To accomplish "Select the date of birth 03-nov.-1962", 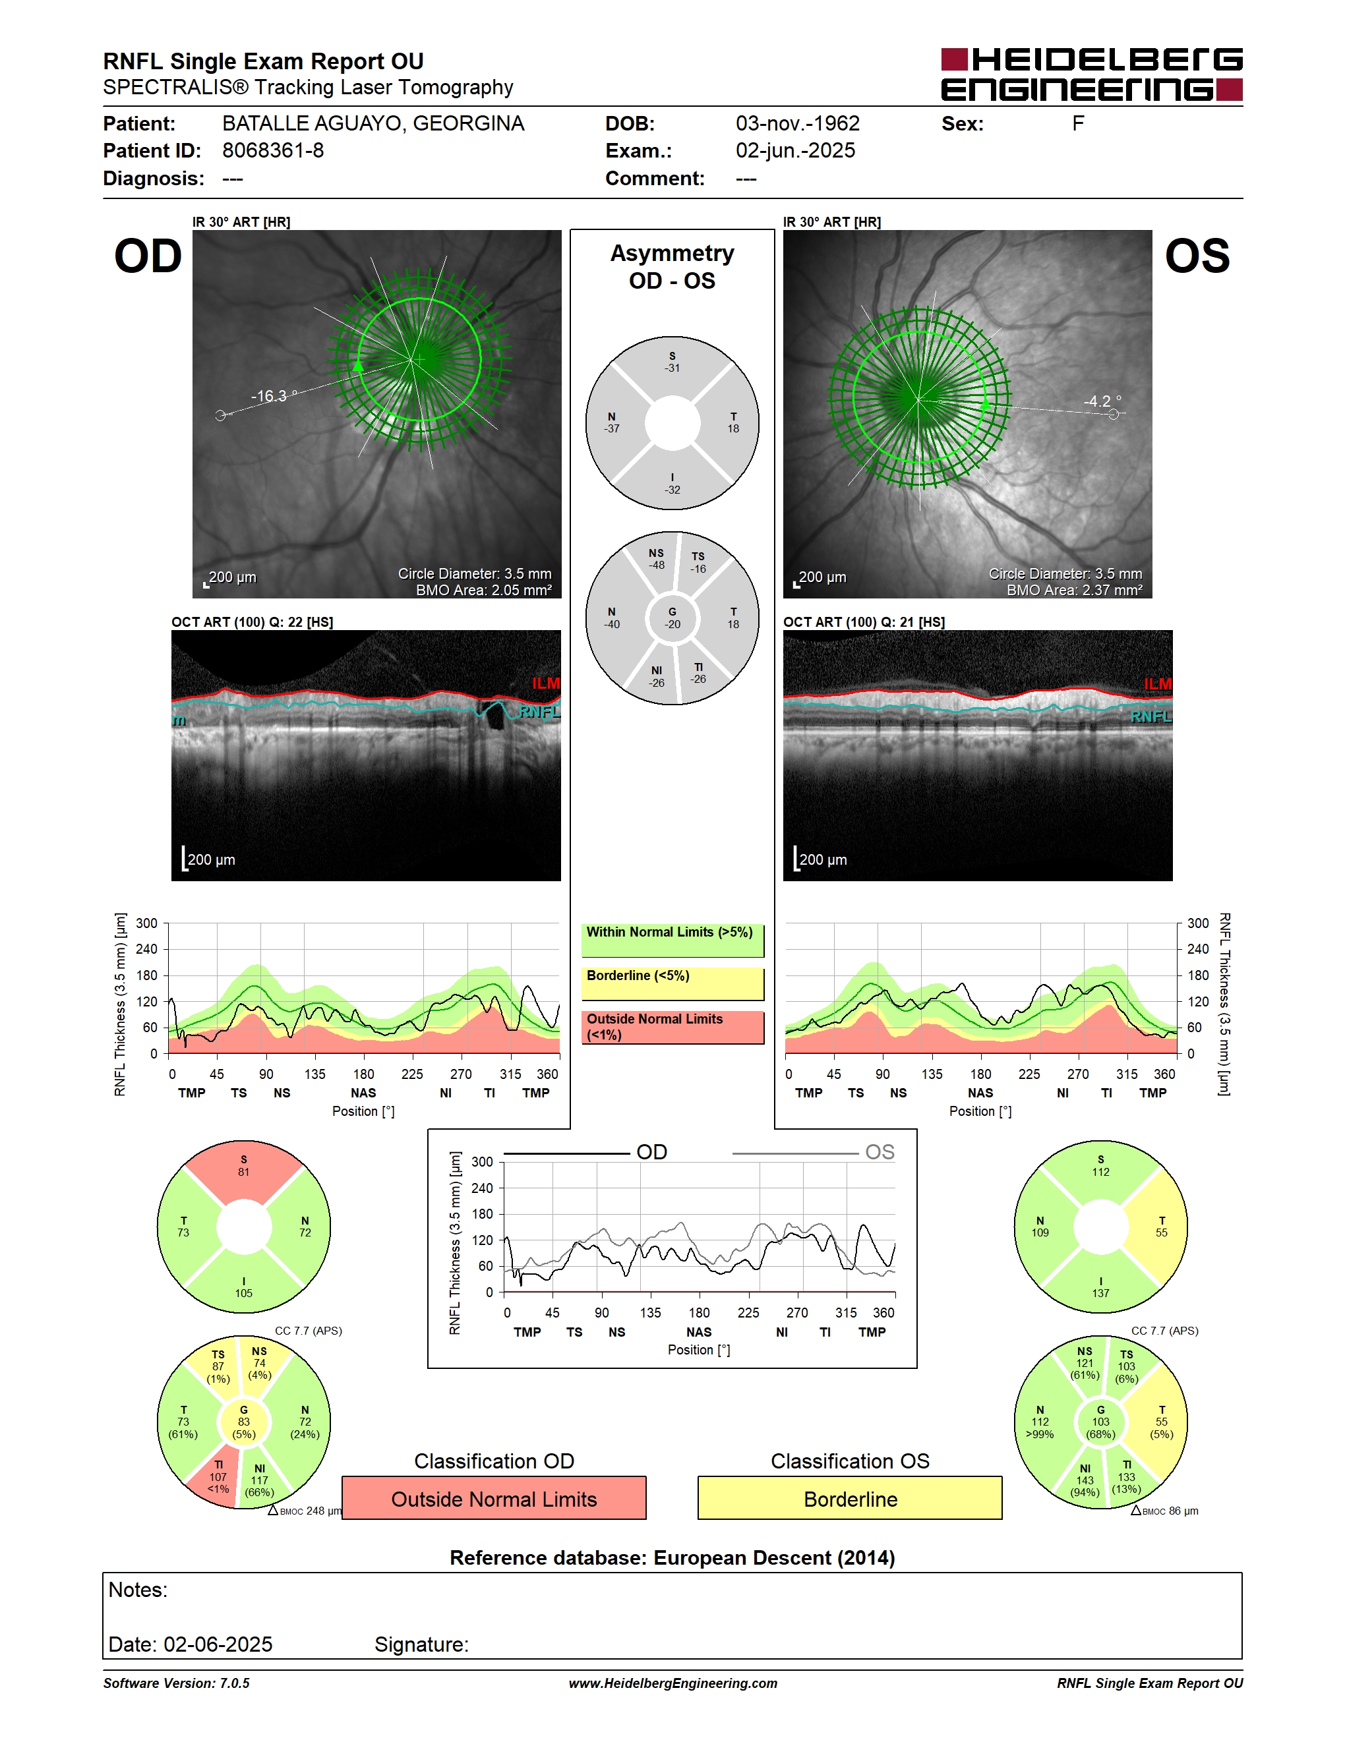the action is [x=798, y=123].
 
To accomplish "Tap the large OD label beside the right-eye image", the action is [x=148, y=256].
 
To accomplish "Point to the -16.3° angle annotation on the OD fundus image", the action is [x=274, y=396].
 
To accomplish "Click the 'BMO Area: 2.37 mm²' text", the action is [x=1074, y=590].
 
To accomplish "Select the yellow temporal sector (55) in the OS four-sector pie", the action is [x=1160, y=1227].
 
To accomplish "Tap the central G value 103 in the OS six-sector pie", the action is [x=1100, y=1422].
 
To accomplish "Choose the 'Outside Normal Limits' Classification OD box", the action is [x=494, y=1498].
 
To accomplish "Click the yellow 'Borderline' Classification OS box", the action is [x=851, y=1498].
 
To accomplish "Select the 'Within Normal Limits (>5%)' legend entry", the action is [x=672, y=940].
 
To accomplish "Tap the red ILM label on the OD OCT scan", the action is [x=546, y=683].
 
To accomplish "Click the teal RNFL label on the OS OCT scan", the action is [x=1151, y=717].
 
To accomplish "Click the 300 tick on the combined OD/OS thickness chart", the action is [x=482, y=1161].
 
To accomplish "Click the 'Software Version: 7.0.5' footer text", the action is [x=176, y=1683].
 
